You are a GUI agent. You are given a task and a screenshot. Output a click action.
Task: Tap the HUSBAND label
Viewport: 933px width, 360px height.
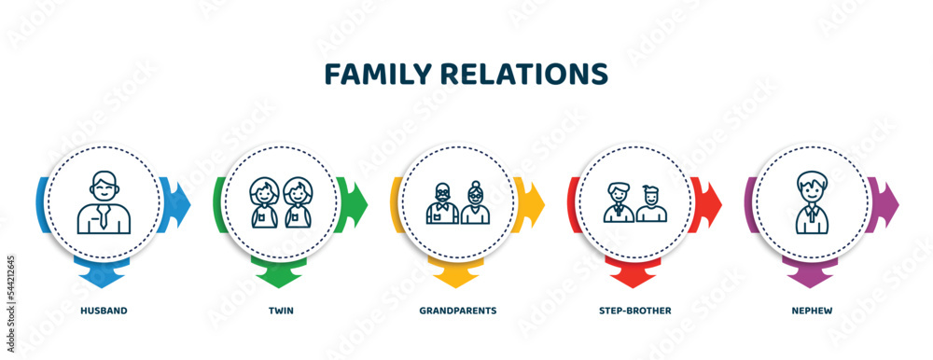[x=104, y=310]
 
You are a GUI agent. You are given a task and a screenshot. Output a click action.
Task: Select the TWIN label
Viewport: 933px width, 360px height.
[x=281, y=310]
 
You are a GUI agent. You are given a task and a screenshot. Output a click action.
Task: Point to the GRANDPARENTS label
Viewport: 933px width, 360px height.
[x=458, y=310]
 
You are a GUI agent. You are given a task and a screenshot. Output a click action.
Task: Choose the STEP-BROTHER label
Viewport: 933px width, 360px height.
[x=635, y=310]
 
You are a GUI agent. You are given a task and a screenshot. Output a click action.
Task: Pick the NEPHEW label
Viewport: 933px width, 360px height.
[x=812, y=310]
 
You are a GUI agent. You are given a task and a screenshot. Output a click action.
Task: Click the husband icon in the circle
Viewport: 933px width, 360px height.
[x=104, y=201]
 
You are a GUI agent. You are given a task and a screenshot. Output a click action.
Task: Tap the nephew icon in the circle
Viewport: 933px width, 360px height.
[x=812, y=201]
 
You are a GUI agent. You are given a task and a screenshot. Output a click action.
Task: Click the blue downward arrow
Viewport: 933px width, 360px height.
[x=104, y=276]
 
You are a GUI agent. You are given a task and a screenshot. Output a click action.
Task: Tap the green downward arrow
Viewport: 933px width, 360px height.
[x=280, y=276]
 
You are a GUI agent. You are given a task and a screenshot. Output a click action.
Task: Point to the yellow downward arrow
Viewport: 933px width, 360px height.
[x=457, y=276]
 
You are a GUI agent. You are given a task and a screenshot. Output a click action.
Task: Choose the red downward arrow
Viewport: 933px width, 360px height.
[x=634, y=276]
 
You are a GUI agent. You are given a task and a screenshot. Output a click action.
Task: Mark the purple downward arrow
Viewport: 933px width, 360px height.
[x=811, y=276]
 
